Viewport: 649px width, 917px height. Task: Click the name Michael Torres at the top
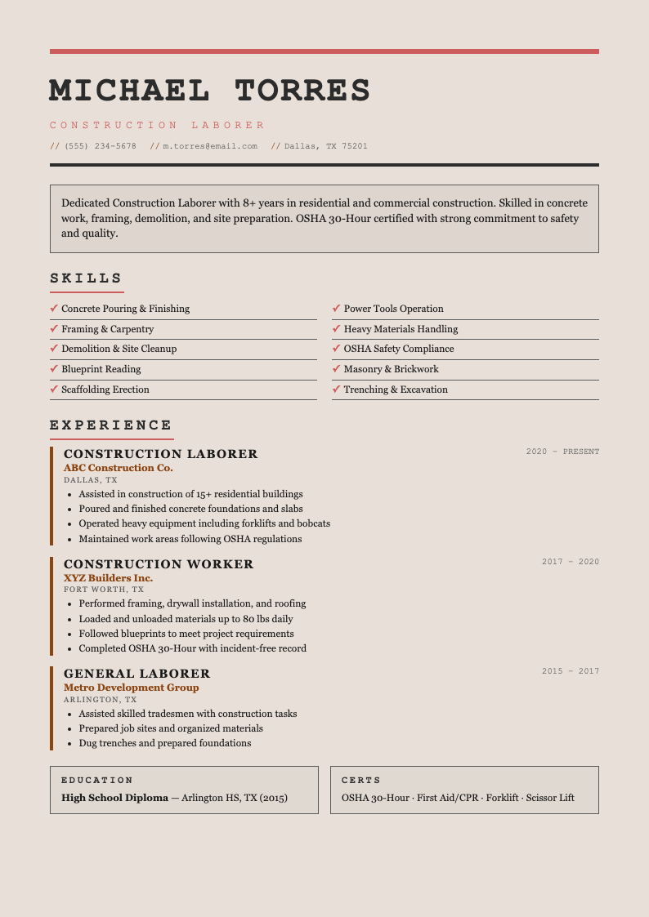click(x=210, y=91)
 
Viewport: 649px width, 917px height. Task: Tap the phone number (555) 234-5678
click(x=101, y=146)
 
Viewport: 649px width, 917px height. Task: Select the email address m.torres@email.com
click(x=210, y=146)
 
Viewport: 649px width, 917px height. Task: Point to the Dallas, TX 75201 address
click(x=326, y=146)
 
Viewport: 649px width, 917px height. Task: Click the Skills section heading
click(x=86, y=278)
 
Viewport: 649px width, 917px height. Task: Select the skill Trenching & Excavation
click(x=396, y=390)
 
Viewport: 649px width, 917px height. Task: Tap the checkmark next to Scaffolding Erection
click(x=54, y=390)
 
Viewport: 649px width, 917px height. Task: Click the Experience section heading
click(x=111, y=425)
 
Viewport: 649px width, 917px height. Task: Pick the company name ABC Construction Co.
click(x=119, y=468)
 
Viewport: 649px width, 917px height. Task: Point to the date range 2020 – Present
click(x=562, y=452)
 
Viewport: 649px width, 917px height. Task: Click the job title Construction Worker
click(x=159, y=564)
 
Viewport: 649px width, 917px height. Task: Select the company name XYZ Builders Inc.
click(x=109, y=578)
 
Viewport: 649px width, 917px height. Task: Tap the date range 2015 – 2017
click(x=571, y=671)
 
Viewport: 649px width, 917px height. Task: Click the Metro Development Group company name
click(x=132, y=688)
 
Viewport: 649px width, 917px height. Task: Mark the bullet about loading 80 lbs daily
click(x=186, y=619)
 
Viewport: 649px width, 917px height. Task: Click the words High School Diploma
click(x=114, y=798)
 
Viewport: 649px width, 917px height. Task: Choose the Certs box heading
click(x=361, y=781)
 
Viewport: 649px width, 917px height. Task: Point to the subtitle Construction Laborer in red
click(x=158, y=126)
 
